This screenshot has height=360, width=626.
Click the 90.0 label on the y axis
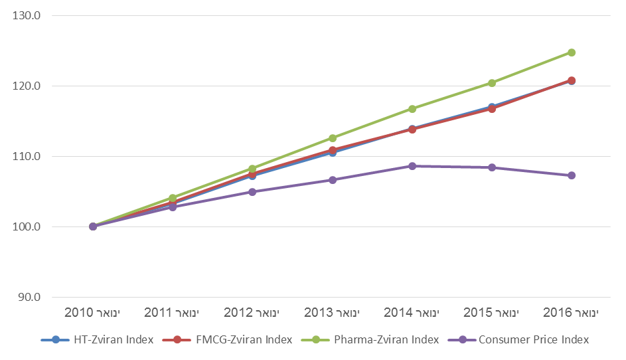click(29, 297)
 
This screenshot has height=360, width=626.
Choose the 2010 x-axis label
click(92, 312)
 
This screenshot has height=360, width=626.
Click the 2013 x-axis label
click(331, 312)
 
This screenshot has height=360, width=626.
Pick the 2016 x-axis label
click(571, 312)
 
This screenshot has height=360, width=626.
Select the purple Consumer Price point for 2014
click(412, 165)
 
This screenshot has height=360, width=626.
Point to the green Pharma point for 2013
click(333, 138)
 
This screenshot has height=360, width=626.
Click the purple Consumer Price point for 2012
click(252, 191)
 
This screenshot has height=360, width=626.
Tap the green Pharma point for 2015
click(492, 83)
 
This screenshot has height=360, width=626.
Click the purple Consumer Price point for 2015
click(492, 167)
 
